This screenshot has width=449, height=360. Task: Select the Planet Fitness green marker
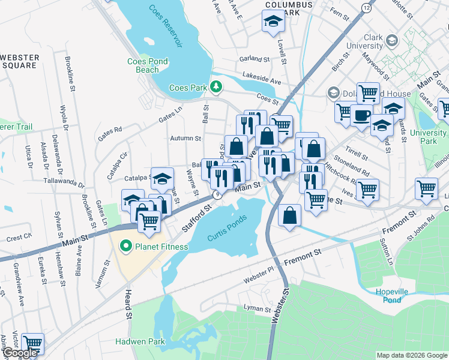[x=125, y=246]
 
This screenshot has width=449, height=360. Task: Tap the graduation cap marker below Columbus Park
[x=273, y=22]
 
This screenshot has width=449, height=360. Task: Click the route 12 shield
[x=366, y=7]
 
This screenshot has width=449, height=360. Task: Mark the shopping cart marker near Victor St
[x=32, y=344]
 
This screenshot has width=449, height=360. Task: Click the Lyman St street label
[x=258, y=309]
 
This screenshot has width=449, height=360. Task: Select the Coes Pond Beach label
[x=148, y=65]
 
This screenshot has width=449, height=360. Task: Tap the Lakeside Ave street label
[x=262, y=77]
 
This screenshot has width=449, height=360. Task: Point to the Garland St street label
[x=255, y=59]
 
